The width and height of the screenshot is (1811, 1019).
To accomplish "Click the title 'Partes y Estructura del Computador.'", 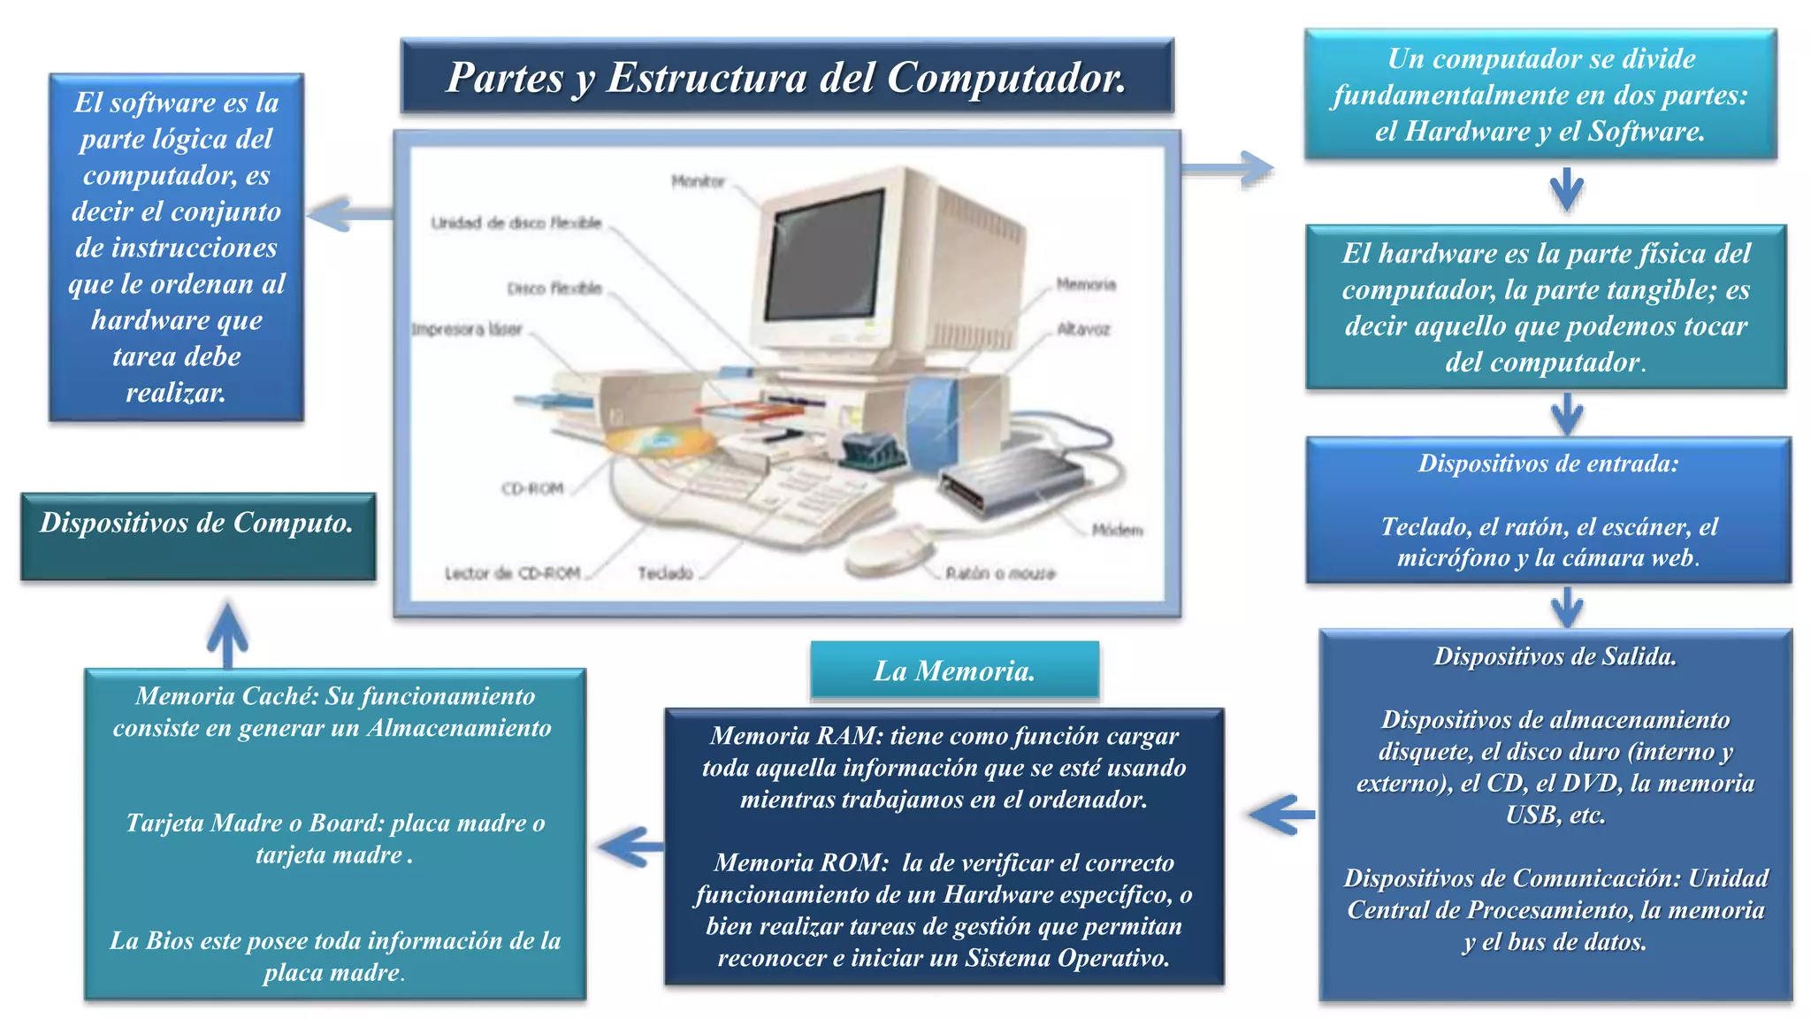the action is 786,77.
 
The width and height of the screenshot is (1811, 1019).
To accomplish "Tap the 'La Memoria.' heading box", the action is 954,670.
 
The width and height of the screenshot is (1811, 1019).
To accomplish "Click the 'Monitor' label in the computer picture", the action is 698,181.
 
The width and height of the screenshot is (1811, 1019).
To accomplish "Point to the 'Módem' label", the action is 1117,530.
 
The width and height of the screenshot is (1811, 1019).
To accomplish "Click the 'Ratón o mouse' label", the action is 1000,573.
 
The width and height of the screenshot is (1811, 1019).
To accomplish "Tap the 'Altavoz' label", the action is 1083,329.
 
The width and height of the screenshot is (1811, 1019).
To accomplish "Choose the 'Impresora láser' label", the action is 467,329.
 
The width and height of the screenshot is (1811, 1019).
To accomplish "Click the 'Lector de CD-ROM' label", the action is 512,573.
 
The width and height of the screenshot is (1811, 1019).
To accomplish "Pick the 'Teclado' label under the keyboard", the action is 666,573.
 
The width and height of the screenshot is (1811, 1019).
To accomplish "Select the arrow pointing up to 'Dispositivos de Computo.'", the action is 227,635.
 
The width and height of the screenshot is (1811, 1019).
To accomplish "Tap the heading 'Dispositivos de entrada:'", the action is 1548,464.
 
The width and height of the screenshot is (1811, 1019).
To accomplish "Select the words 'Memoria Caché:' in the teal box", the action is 226,696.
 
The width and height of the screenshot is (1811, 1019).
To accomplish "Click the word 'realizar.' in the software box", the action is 176,393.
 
